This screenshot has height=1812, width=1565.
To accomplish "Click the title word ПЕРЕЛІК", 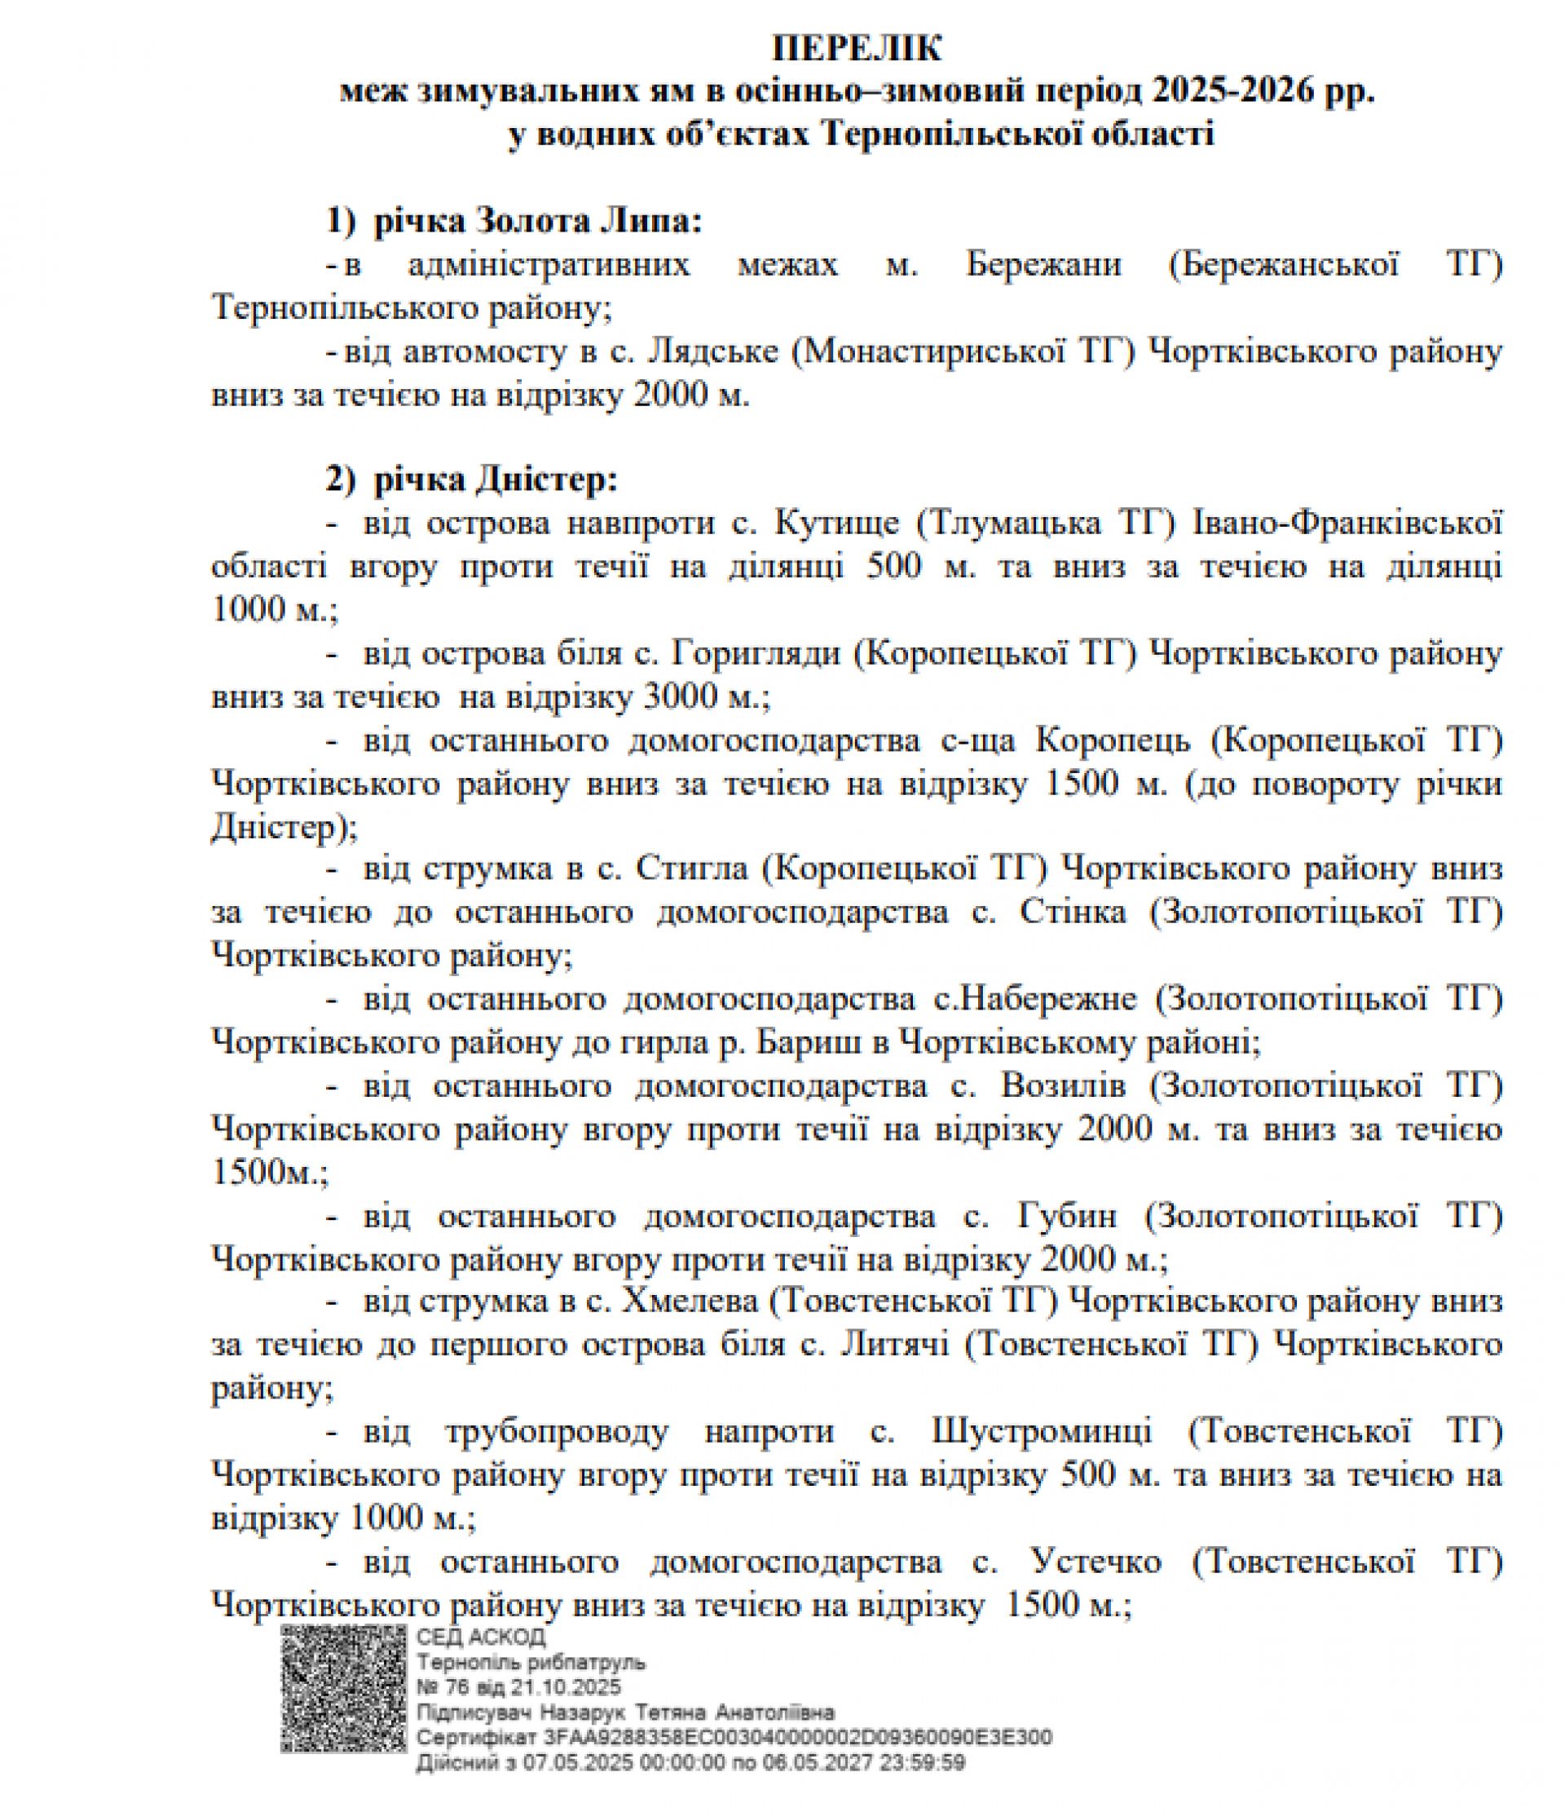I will [856, 49].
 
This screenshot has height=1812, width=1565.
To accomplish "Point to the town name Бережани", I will [1044, 265].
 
